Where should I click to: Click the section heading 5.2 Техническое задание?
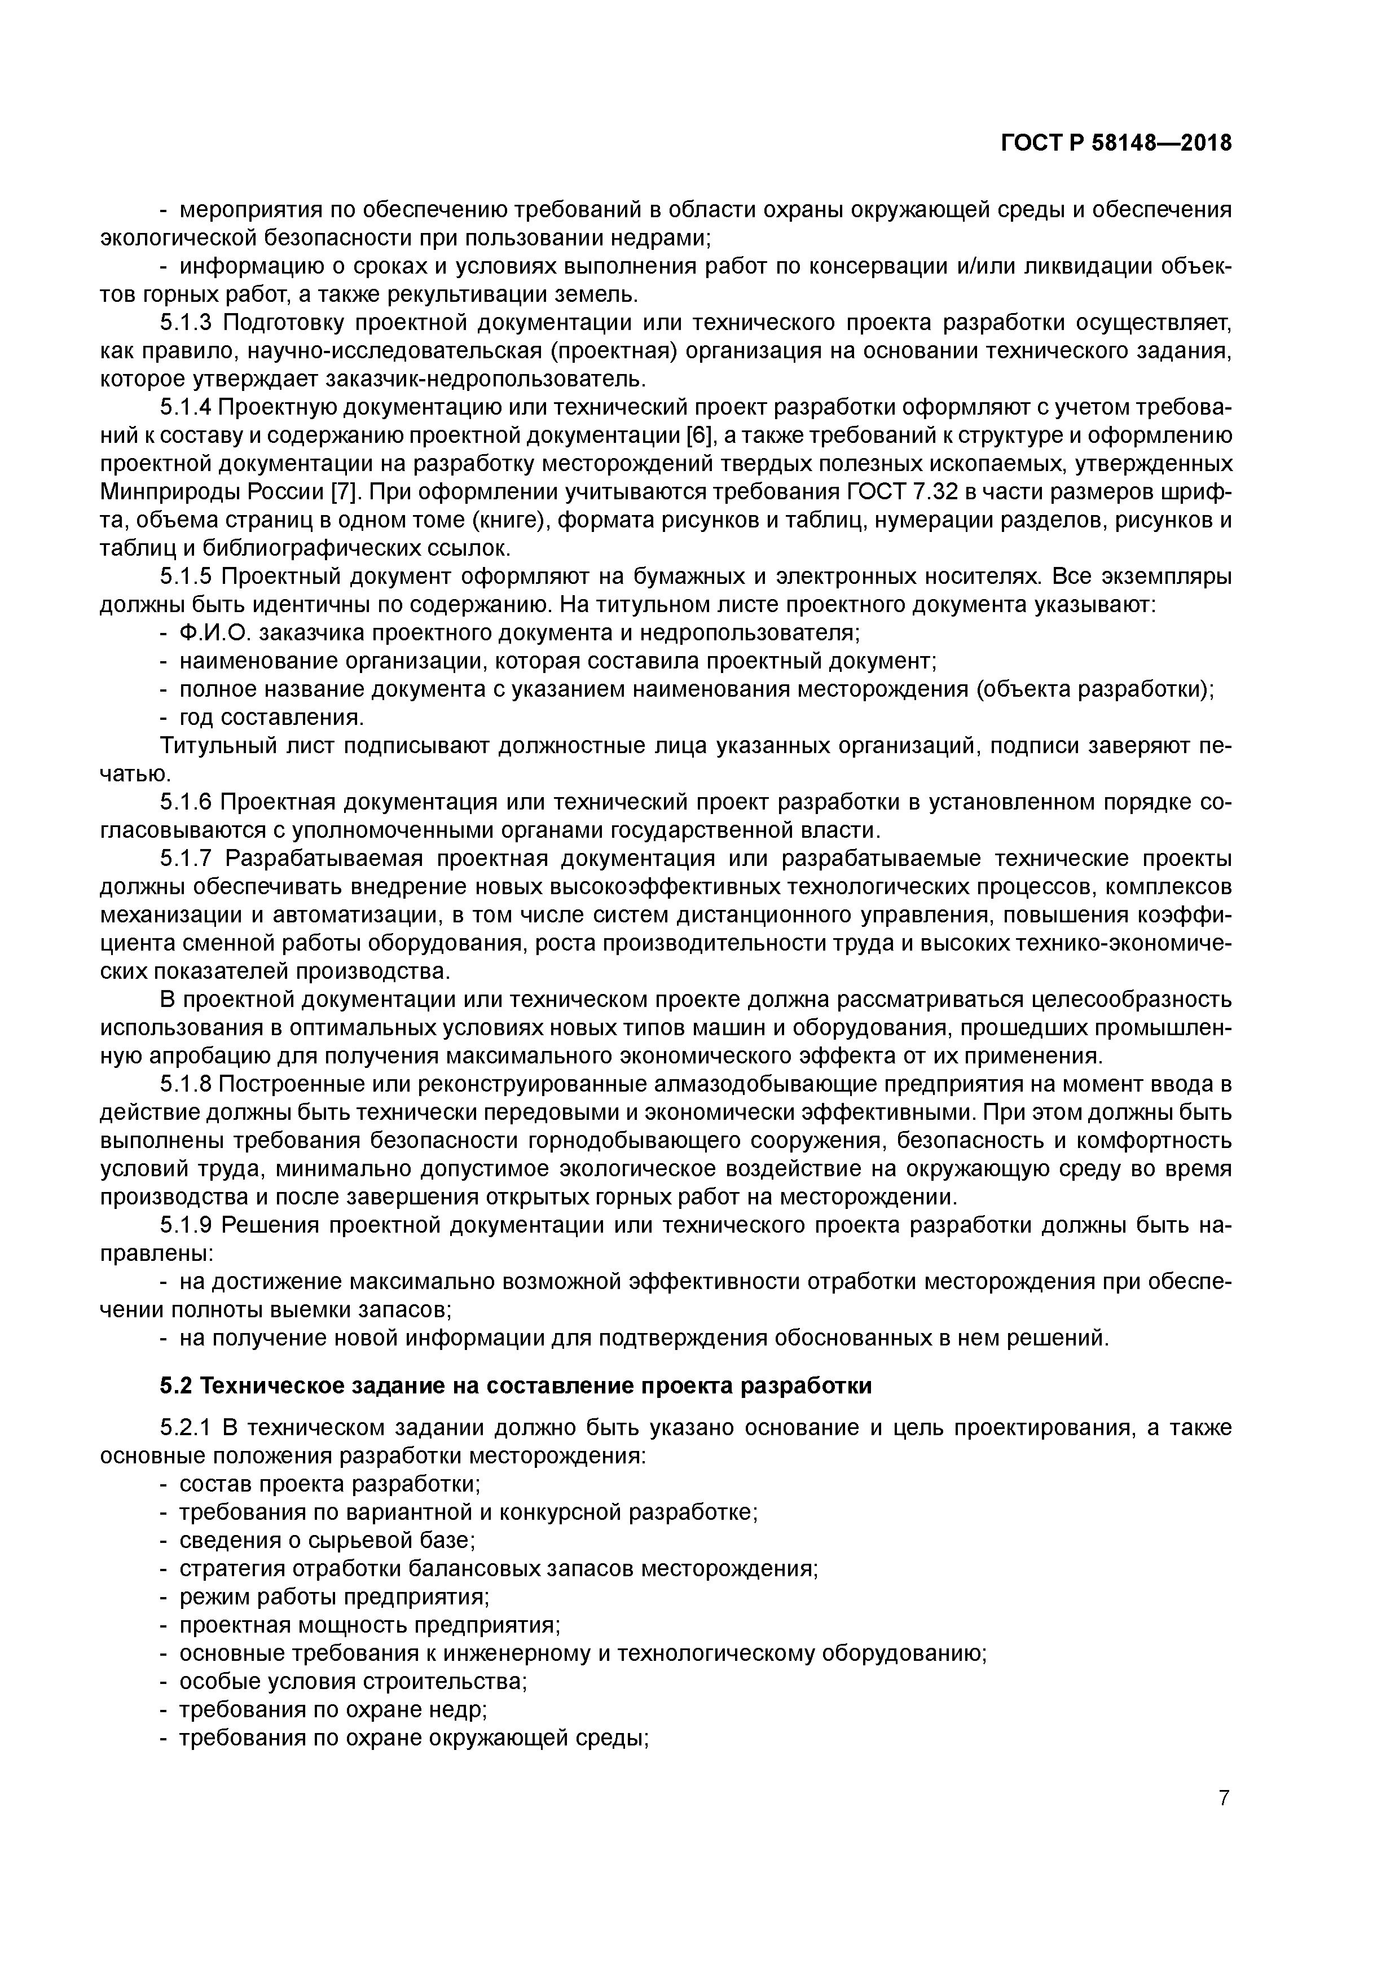click(x=516, y=1386)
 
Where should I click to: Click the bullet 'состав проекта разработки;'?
click(x=329, y=1484)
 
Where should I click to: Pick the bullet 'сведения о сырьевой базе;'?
click(x=327, y=1540)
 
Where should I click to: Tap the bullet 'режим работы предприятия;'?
click(x=333, y=1597)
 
